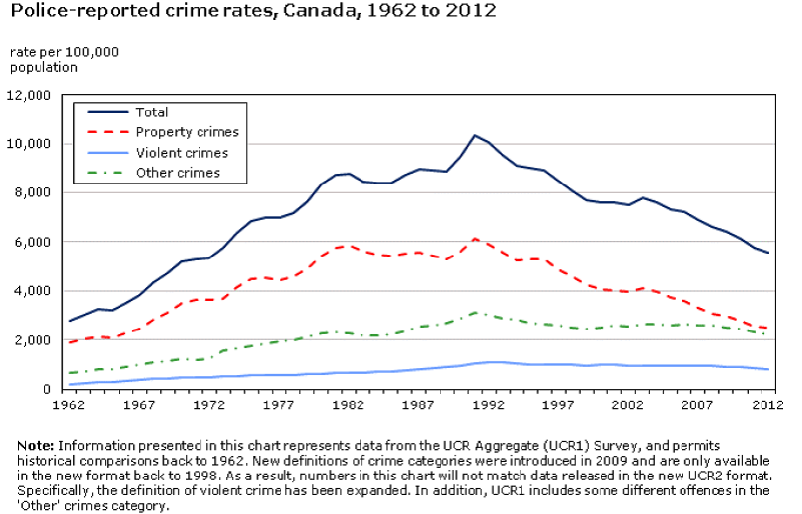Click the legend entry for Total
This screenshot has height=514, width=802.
152,112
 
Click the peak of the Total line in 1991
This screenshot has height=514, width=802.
475,135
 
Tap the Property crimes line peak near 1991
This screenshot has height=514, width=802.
475,238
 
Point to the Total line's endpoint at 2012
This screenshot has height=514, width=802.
768,253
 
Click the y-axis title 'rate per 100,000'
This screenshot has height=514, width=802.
63,51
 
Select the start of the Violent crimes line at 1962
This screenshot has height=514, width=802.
69,384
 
